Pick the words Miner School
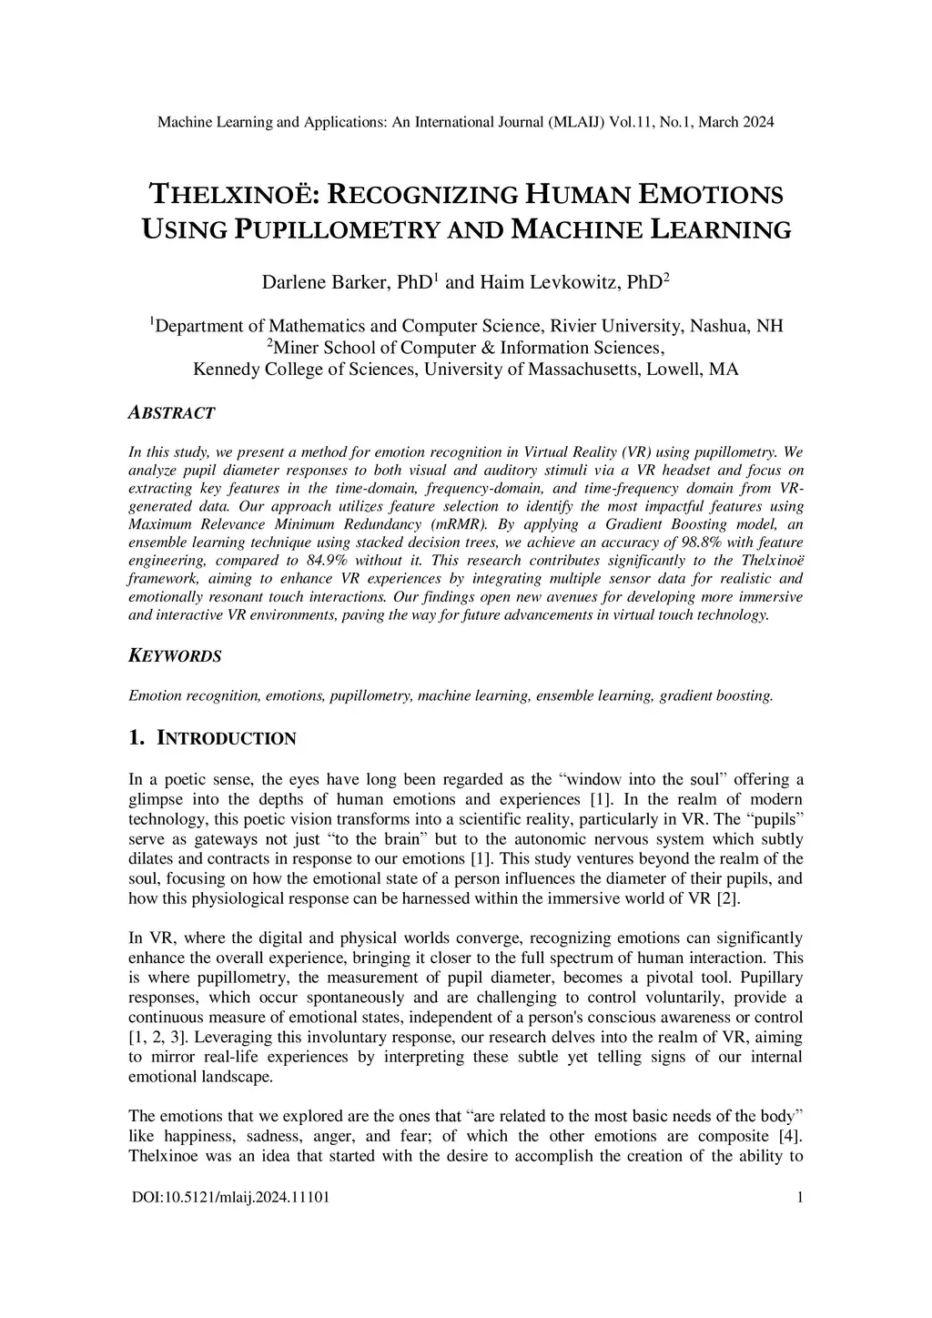coord(327,348)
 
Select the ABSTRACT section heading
coord(171,413)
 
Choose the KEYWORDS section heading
coord(174,656)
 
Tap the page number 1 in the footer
coord(799,1198)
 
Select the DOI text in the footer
coord(230,1198)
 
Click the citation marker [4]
coord(790,1137)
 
